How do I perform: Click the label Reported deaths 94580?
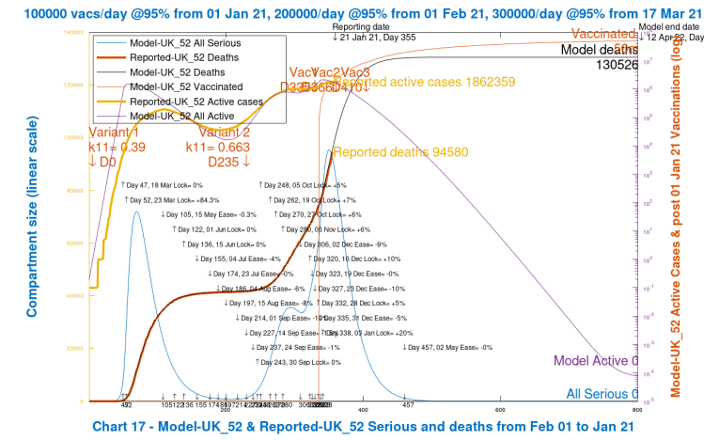tap(393, 152)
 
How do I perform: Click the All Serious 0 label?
tap(602, 394)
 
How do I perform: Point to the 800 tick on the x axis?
tap(637, 409)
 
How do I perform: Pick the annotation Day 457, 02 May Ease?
tap(448, 347)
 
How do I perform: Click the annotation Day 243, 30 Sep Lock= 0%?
tap(298, 361)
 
